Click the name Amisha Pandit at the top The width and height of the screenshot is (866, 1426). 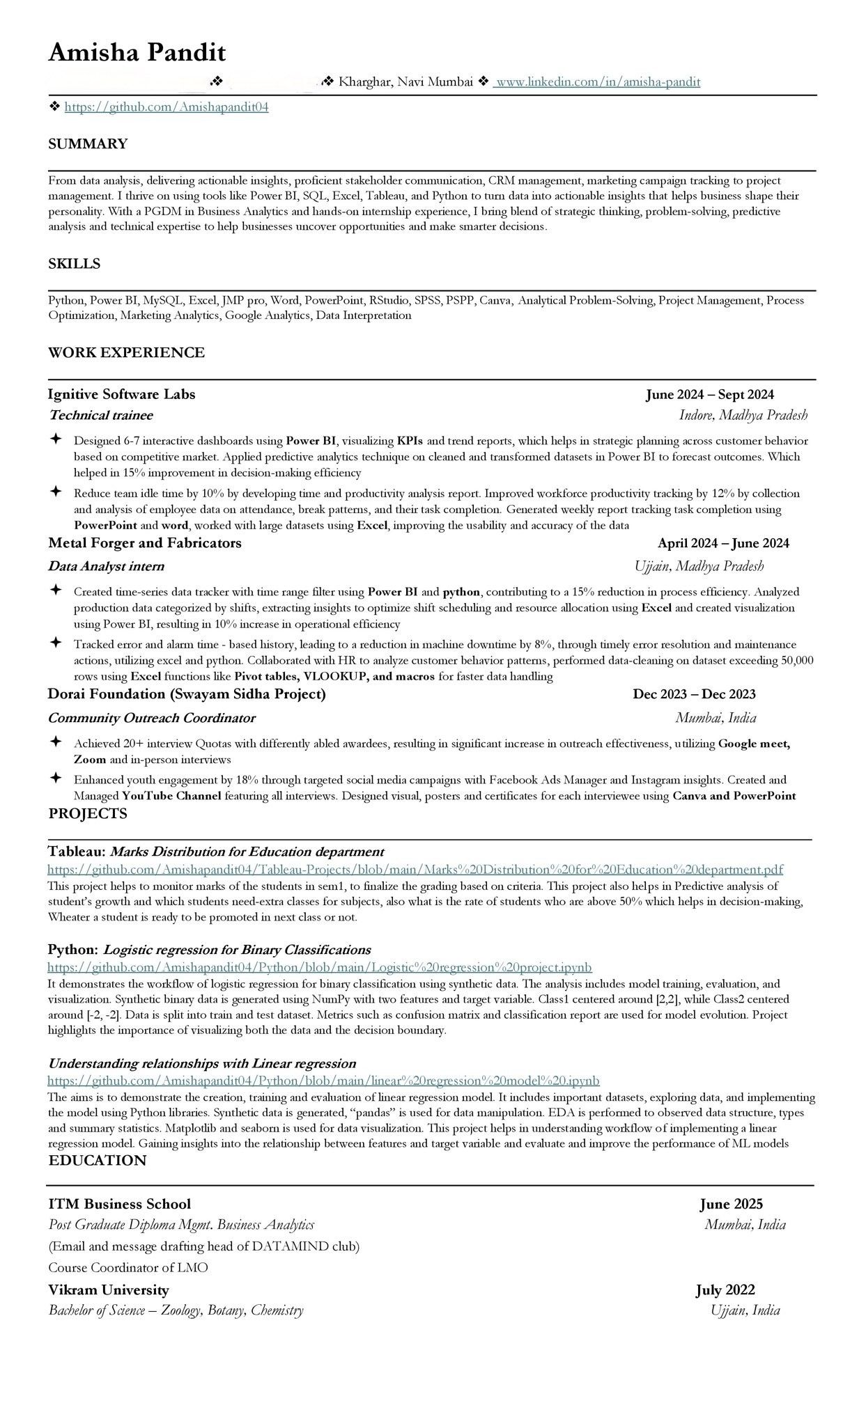click(x=137, y=52)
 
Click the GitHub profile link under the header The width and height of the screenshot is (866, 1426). click(x=167, y=107)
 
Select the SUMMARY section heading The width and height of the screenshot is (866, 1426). click(x=88, y=144)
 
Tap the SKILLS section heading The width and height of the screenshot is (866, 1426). click(x=74, y=264)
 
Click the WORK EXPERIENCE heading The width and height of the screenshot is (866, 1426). click(x=126, y=353)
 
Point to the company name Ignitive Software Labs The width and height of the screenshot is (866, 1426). click(x=122, y=395)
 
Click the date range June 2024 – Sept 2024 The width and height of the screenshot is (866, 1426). click(x=709, y=395)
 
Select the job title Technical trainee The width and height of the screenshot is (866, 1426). click(x=100, y=416)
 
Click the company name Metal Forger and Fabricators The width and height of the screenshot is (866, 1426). click(x=145, y=543)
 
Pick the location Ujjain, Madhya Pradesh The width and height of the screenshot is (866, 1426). click(x=699, y=566)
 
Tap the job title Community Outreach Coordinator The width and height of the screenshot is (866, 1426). click(x=152, y=718)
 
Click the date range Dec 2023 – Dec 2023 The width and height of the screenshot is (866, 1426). click(x=694, y=694)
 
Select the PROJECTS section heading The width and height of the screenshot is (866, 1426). click(x=88, y=814)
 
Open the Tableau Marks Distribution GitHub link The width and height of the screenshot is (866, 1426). click(x=415, y=870)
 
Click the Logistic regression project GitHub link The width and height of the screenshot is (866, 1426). click(x=320, y=967)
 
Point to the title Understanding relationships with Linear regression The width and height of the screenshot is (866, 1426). click(x=202, y=1063)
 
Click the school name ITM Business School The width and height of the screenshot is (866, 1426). click(x=119, y=1204)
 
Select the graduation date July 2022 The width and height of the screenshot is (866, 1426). click(x=725, y=1290)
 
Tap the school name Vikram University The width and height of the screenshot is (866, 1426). click(x=109, y=1290)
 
